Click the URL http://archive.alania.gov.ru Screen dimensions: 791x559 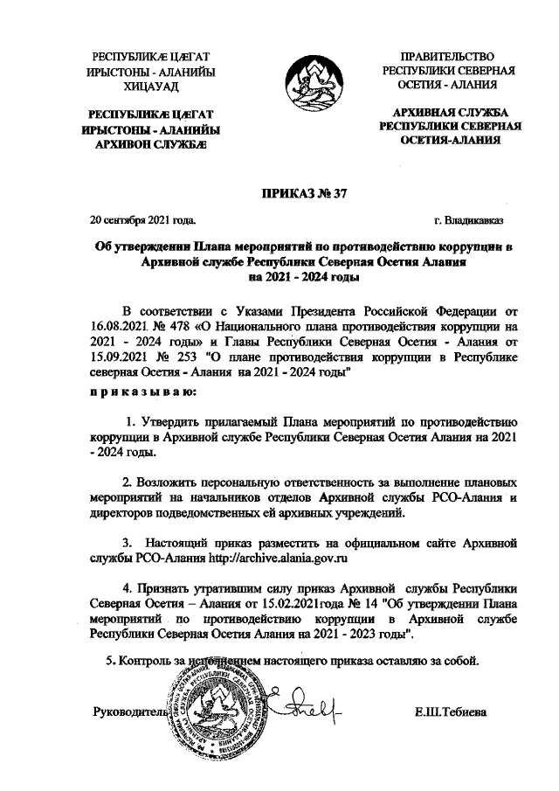coord(271,556)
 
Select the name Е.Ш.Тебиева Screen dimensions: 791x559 coord(452,712)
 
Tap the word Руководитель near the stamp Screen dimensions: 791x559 coord(129,712)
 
